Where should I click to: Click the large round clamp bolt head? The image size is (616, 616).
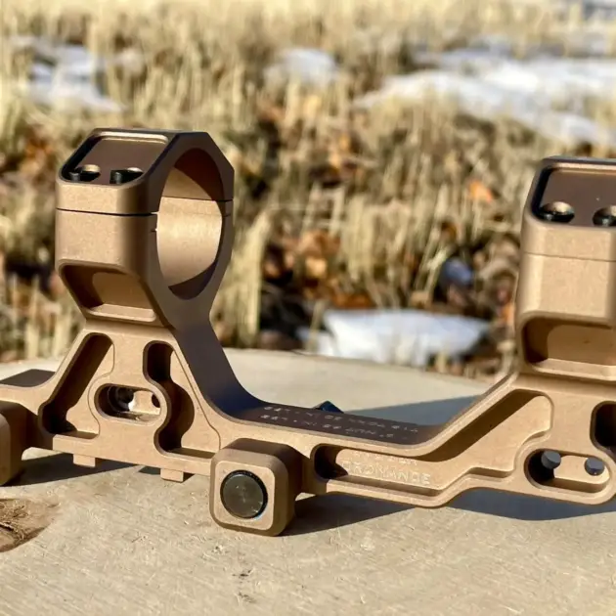pyautogui.click(x=242, y=494)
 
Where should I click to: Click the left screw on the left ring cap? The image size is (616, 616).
pyautogui.click(x=86, y=173)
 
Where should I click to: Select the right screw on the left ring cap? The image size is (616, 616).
pyautogui.click(x=125, y=176)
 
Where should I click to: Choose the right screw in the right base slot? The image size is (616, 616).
pyautogui.click(x=594, y=467)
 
